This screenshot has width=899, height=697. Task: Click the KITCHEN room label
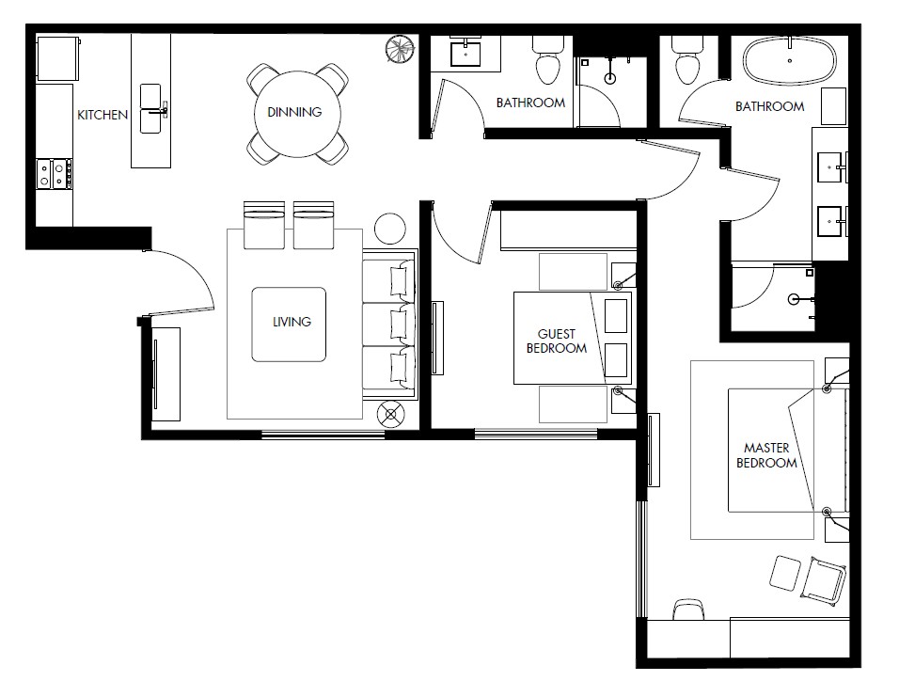click(x=103, y=115)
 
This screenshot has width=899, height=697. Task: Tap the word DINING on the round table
click(x=294, y=112)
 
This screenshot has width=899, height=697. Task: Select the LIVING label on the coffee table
click(x=292, y=322)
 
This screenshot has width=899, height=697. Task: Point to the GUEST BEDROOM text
click(x=556, y=341)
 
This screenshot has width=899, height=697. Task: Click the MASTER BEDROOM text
click(x=766, y=455)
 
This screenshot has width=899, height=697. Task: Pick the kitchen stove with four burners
click(x=55, y=174)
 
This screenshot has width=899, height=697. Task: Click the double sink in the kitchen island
click(x=150, y=109)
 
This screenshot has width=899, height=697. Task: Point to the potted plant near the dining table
click(x=400, y=49)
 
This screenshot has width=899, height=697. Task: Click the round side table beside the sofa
click(x=390, y=229)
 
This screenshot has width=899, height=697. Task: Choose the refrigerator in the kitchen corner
click(x=57, y=58)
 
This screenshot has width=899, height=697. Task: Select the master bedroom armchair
click(x=823, y=580)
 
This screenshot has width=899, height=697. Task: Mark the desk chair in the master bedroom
click(x=688, y=610)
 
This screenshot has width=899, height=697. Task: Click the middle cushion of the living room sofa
click(x=388, y=325)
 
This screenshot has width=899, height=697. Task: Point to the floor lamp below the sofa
click(x=391, y=414)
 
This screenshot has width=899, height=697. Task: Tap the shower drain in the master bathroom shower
click(x=794, y=298)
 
